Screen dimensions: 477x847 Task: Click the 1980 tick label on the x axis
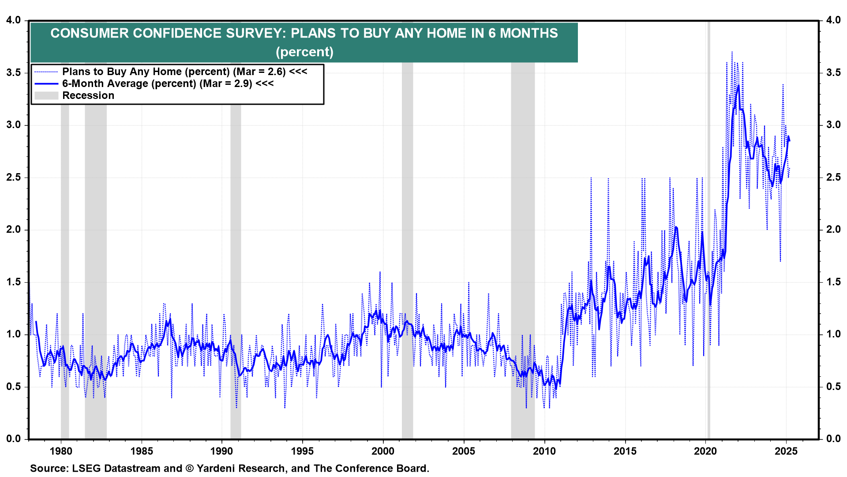(61, 451)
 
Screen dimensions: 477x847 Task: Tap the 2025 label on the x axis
(786, 451)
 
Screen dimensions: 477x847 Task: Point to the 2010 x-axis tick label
(544, 451)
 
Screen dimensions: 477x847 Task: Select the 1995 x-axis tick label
(303, 451)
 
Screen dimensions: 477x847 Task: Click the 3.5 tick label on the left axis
(14, 72)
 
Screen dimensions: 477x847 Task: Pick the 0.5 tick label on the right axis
(833, 386)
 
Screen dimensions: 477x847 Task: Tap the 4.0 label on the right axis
(833, 20)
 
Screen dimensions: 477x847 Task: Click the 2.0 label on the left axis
(14, 229)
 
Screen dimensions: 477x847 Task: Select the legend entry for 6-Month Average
(168, 83)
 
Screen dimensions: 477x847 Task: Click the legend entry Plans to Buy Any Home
(184, 72)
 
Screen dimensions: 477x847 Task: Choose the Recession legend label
(88, 95)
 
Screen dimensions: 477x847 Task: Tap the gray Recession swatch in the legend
(46, 95)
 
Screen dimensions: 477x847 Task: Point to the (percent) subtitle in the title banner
(304, 52)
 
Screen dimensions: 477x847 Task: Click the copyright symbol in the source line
(190, 468)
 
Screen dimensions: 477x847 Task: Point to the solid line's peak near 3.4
(738, 86)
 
